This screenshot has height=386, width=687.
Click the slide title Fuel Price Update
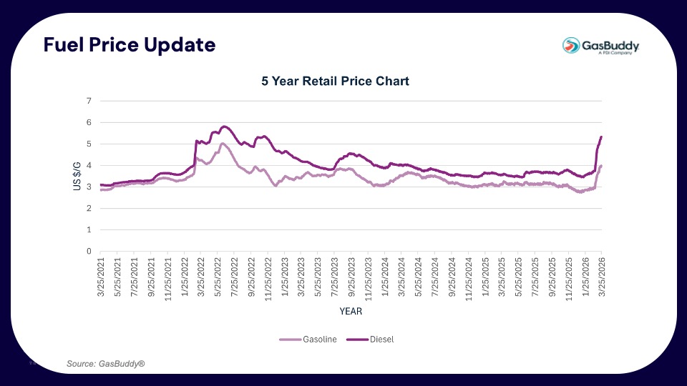coord(129,45)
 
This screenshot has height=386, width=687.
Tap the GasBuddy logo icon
coord(572,46)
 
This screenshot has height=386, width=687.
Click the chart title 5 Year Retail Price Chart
coord(335,81)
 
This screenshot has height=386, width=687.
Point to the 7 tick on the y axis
coord(89,102)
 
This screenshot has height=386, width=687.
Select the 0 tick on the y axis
coord(89,252)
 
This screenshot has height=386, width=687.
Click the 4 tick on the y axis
coord(89,166)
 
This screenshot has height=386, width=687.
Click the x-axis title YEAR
coord(351,312)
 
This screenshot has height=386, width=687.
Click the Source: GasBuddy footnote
coord(106,365)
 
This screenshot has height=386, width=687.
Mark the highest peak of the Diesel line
coord(225,127)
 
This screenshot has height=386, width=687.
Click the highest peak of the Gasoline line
coord(223,144)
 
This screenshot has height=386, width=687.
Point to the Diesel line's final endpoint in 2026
coord(601,137)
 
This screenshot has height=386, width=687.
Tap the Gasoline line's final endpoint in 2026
coord(601,166)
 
